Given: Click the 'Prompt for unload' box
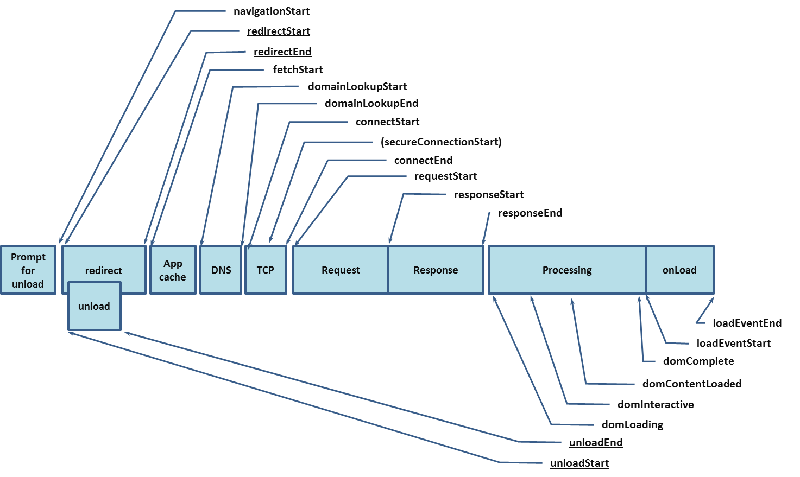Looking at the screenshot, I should [x=28, y=270].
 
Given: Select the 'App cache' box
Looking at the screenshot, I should [x=173, y=270].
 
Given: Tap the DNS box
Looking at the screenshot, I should [x=221, y=270].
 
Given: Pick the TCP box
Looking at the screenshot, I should [x=266, y=270].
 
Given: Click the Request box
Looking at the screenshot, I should [x=341, y=270].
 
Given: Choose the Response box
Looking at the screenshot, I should [x=436, y=270].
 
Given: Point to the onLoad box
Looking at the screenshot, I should [x=679, y=270].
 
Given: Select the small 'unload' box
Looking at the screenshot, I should [x=94, y=307].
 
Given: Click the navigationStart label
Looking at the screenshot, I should [x=272, y=11].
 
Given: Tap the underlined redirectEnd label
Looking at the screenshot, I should [x=282, y=52].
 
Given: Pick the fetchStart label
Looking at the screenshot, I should [x=298, y=70].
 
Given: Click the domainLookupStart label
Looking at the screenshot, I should [x=357, y=87].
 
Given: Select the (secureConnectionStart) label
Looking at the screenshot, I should [x=441, y=142].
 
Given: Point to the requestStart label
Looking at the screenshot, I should [x=445, y=176].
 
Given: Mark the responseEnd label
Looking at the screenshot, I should [x=530, y=213].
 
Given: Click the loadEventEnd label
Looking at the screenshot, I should [x=747, y=323].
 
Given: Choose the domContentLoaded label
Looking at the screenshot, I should [x=691, y=384].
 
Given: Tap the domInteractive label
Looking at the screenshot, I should [x=656, y=405].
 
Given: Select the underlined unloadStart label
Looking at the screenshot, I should [x=579, y=463].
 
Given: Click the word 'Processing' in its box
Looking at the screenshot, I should [x=567, y=270].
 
